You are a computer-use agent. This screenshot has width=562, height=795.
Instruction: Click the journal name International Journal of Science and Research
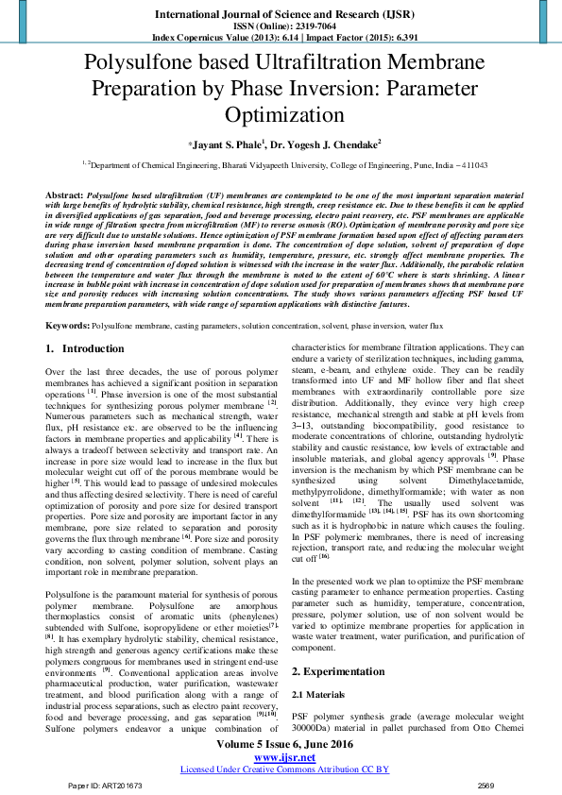pos(281,14)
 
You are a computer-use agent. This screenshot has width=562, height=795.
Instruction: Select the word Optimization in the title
pos(281,115)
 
